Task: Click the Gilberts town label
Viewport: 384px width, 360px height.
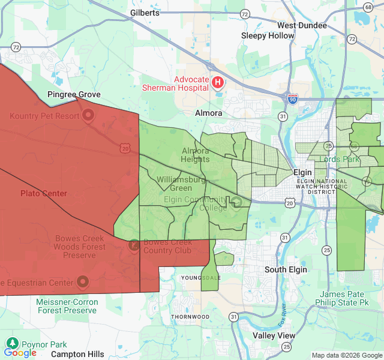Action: tap(145, 13)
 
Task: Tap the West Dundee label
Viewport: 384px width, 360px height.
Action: tap(302, 25)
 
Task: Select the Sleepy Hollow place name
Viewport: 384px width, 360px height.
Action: tap(268, 35)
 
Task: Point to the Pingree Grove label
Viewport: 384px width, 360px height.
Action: tap(74, 95)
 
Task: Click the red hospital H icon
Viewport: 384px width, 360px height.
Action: tap(218, 82)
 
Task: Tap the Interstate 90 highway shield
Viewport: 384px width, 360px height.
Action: tap(293, 99)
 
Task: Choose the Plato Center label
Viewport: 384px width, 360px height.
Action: tap(44, 193)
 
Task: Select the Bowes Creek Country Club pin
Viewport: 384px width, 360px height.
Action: tap(134, 245)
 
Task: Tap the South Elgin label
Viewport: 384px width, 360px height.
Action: tap(286, 269)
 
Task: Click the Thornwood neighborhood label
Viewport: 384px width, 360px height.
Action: tap(190, 316)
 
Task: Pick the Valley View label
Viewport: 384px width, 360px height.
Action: tap(274, 335)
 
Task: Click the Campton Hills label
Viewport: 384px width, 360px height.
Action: tap(77, 354)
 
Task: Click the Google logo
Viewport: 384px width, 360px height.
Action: tap(20, 353)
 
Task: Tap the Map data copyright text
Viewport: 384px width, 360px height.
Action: tap(346, 355)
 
